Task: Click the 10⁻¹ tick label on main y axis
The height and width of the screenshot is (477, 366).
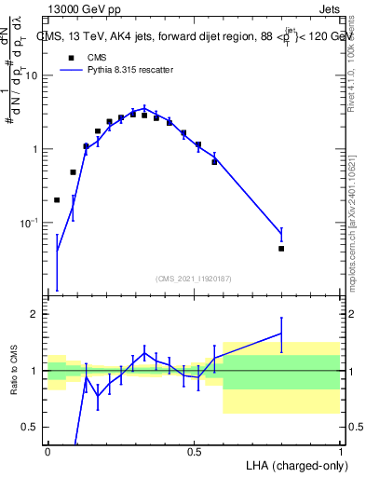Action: coord(30,223)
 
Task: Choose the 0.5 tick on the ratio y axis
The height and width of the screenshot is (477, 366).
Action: coord(33,427)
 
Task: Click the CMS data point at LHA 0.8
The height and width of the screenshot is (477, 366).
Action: coord(281,249)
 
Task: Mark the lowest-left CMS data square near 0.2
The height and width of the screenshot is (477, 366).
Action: coord(57,199)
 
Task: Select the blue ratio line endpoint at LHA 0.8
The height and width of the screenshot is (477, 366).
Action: coord(281,333)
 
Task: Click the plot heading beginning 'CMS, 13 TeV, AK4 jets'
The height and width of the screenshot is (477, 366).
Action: coord(191,36)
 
